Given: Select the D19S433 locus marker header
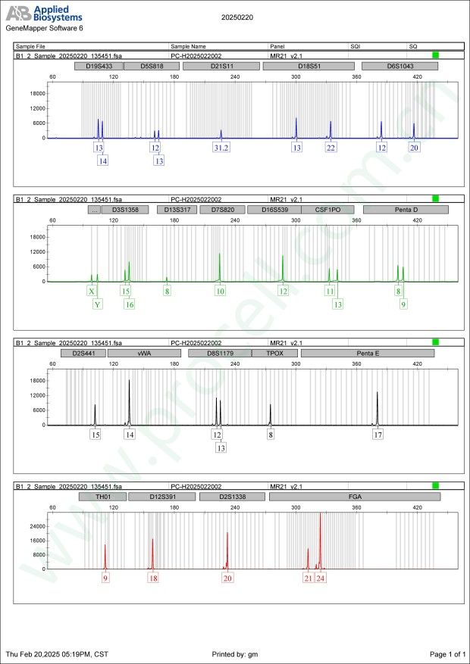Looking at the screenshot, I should (97, 67).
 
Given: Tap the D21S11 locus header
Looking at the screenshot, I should (222, 67).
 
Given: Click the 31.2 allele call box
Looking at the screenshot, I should (221, 148).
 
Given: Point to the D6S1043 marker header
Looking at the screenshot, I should (399, 67).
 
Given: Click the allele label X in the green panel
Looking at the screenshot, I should (92, 291).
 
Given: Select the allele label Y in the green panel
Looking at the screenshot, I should (97, 304).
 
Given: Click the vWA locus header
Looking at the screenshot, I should (144, 353).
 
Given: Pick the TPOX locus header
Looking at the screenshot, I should (274, 353).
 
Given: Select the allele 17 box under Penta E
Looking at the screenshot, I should (378, 435).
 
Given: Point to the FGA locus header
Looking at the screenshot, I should (354, 497).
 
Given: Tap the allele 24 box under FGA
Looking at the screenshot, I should (321, 578).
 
